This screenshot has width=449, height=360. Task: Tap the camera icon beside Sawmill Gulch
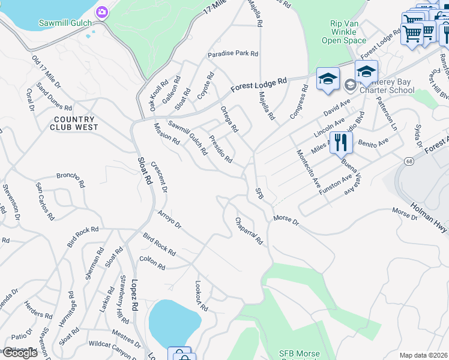pyautogui.click(x=102, y=12)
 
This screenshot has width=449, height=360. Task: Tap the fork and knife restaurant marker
pyautogui.click(x=340, y=143)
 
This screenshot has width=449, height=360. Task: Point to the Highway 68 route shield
pyautogui.click(x=409, y=161)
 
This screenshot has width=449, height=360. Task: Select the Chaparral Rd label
pyautogui.click(x=249, y=231)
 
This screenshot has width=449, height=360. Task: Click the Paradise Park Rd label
pyautogui.click(x=233, y=53)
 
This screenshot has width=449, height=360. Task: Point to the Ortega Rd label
pyautogui.click(x=229, y=119)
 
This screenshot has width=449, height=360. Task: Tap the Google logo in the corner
pyautogui.click(x=20, y=353)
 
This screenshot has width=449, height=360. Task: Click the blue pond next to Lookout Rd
pyautogui.click(x=173, y=322)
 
